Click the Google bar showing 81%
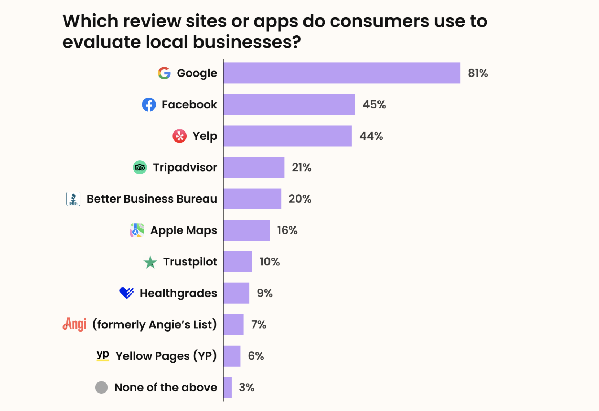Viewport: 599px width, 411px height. click(x=341, y=73)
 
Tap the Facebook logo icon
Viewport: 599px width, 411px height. click(x=149, y=104)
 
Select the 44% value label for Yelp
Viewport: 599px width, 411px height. click(x=371, y=136)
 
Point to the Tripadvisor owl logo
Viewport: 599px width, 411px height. click(x=140, y=168)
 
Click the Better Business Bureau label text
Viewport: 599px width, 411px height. click(x=152, y=199)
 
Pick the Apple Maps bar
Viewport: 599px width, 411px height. click(x=246, y=230)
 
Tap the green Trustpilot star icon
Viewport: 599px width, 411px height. click(x=150, y=262)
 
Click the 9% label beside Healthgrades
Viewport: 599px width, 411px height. click(x=264, y=293)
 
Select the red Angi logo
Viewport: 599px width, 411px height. click(x=75, y=324)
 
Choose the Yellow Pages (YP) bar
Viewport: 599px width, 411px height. click(x=232, y=356)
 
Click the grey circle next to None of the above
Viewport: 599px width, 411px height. click(x=101, y=388)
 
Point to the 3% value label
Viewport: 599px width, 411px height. click(x=246, y=388)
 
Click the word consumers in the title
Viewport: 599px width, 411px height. click(x=379, y=21)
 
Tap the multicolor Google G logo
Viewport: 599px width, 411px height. click(x=164, y=73)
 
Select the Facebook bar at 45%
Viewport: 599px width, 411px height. click(x=289, y=104)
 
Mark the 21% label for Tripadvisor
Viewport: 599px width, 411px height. click(x=301, y=168)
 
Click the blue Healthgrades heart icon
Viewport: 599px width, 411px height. click(x=126, y=293)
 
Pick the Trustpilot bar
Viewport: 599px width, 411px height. click(x=238, y=262)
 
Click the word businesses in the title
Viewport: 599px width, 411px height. click(x=246, y=42)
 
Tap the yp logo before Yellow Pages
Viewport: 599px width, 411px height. click(x=103, y=355)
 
